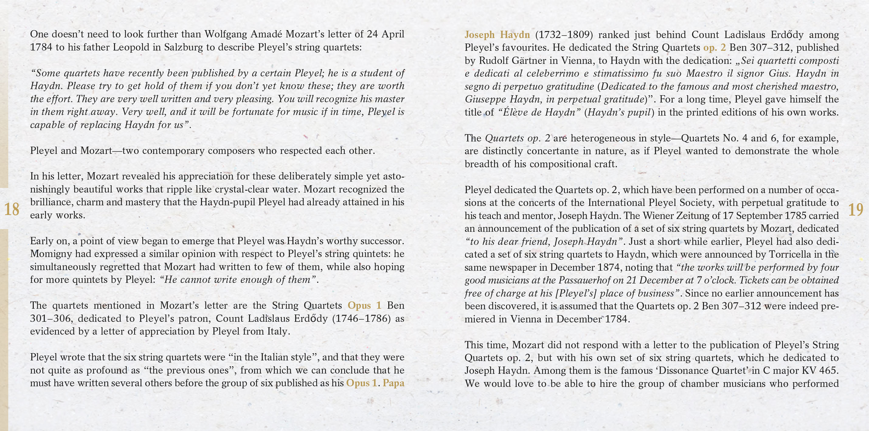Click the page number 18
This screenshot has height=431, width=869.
pyautogui.click(x=12, y=210)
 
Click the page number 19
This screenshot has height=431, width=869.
pyautogui.click(x=856, y=210)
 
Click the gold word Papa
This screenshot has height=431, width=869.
pyautogui.click(x=393, y=383)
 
